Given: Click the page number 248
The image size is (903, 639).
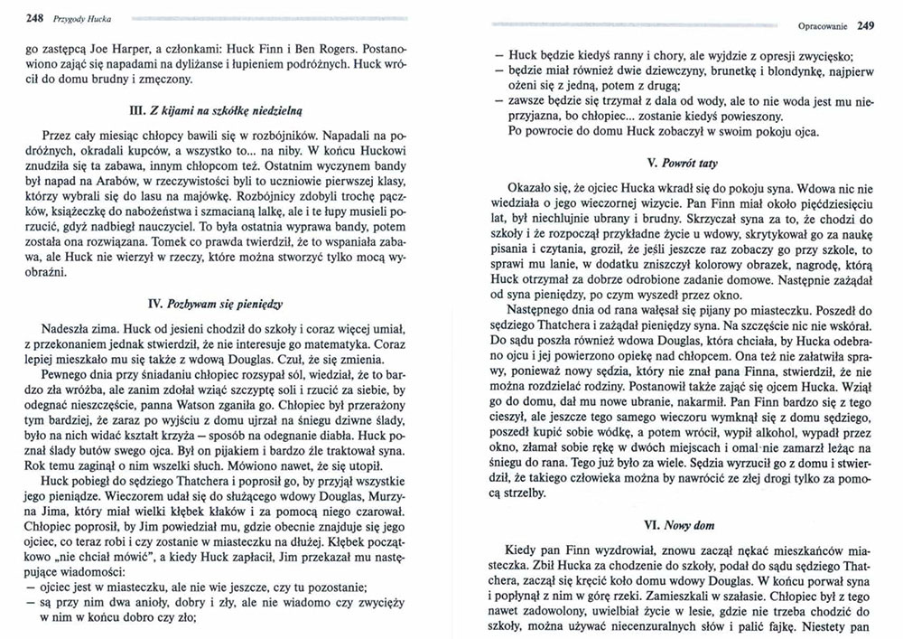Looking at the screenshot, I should (x=13, y=15).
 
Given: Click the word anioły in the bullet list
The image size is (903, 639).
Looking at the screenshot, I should (x=134, y=603).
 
